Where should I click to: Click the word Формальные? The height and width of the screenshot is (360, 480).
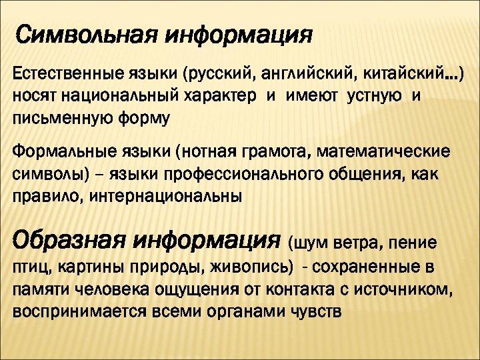55,153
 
